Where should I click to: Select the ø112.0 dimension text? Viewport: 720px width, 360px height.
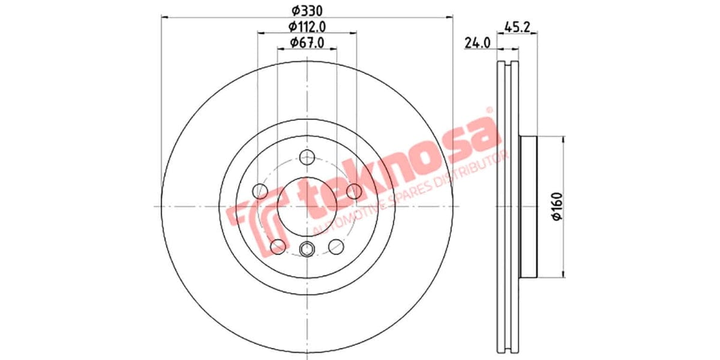[x=307, y=26]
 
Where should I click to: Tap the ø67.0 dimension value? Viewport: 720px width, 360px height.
[x=307, y=43]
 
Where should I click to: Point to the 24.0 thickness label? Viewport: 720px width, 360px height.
[x=478, y=43]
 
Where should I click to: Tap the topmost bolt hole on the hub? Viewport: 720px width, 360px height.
[x=307, y=158]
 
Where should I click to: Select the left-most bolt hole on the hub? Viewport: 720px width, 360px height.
[x=260, y=191]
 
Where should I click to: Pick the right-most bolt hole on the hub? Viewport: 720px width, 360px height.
[x=354, y=191]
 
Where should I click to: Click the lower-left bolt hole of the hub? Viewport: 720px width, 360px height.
[x=278, y=246]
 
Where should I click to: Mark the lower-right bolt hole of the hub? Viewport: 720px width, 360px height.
[x=336, y=246]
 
